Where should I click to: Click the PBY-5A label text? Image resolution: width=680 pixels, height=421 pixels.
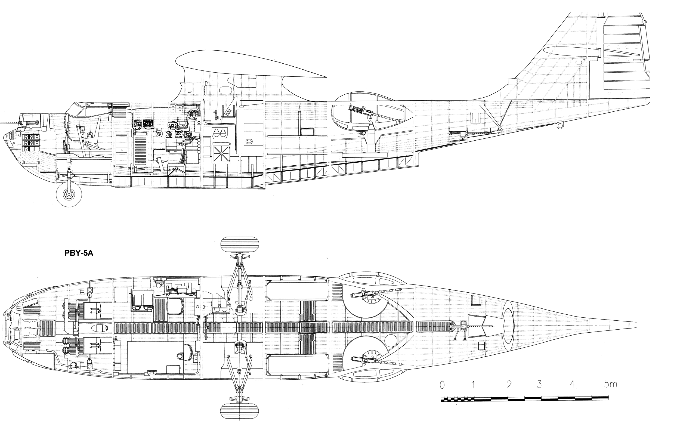click(x=79, y=253)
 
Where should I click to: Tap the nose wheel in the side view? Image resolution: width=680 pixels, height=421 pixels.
click(x=69, y=194)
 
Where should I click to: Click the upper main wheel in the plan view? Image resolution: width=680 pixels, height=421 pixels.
click(x=240, y=244)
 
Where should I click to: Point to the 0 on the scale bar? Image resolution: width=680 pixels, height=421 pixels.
click(x=442, y=385)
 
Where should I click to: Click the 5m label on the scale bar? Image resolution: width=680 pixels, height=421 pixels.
click(x=610, y=384)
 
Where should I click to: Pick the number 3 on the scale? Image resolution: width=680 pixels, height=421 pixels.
click(x=539, y=385)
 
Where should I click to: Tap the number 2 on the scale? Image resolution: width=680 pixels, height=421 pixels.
click(x=509, y=385)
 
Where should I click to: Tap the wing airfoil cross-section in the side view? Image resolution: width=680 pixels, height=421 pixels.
click(x=251, y=64)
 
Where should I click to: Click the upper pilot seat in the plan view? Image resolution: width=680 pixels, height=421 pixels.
click(x=92, y=310)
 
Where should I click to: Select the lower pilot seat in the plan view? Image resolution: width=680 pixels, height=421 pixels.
click(x=92, y=346)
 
